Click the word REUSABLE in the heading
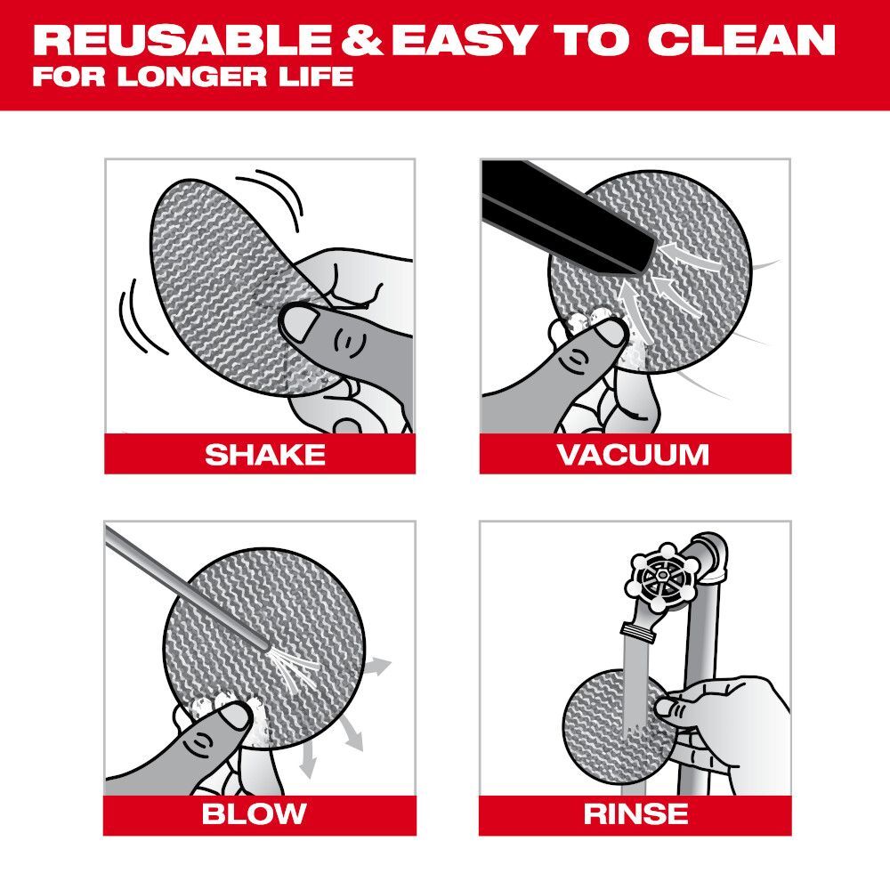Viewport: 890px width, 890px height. (x=182, y=40)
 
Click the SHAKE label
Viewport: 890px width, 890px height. (x=264, y=454)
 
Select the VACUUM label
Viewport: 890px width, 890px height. (x=633, y=454)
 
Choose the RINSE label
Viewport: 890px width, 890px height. (x=635, y=813)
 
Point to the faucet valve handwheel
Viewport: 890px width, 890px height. (x=660, y=578)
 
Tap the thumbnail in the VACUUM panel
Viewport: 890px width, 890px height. (x=610, y=334)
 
